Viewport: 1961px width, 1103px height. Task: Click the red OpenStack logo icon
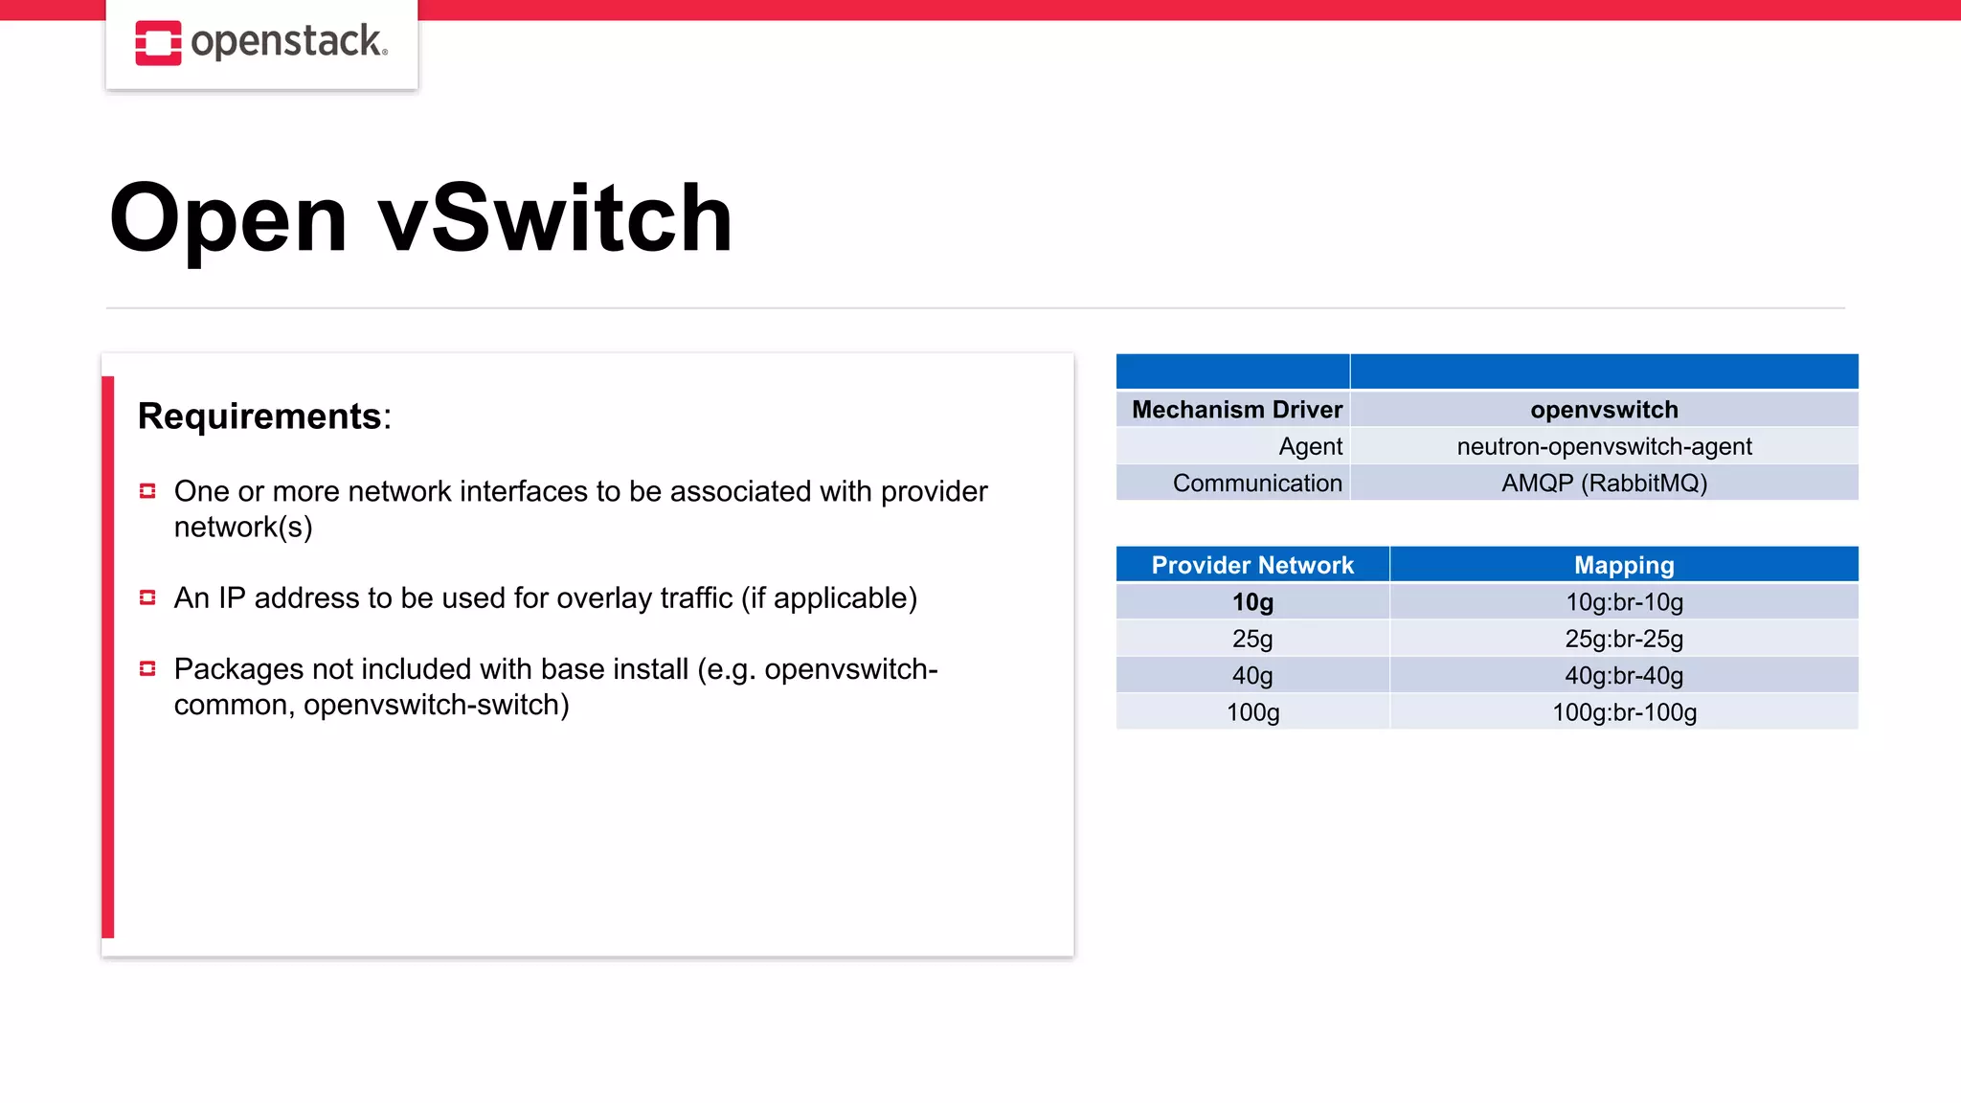(158, 43)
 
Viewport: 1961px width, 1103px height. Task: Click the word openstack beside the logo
(287, 42)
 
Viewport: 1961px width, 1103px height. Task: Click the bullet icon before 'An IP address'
(147, 597)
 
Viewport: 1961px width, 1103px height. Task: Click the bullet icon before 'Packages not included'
(147, 668)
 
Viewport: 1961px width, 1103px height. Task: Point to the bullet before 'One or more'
(147, 491)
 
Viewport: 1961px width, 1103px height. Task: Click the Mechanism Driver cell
(1236, 410)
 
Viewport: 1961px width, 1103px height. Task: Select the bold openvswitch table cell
(1604, 410)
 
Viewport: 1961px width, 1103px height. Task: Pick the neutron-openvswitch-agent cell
(1604, 446)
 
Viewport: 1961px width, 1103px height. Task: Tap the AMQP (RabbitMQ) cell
(1604, 483)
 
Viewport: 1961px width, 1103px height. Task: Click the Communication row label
(1256, 483)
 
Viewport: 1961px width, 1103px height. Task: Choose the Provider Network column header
(1252, 565)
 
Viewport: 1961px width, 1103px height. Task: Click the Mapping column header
(1624, 565)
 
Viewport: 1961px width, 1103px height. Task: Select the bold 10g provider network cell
(1252, 602)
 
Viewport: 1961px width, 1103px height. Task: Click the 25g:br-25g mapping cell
(1624, 639)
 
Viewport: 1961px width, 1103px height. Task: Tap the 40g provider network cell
(1252, 676)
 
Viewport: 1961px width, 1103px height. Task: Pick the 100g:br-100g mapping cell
(1624, 712)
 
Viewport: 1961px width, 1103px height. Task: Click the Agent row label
(1310, 446)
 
